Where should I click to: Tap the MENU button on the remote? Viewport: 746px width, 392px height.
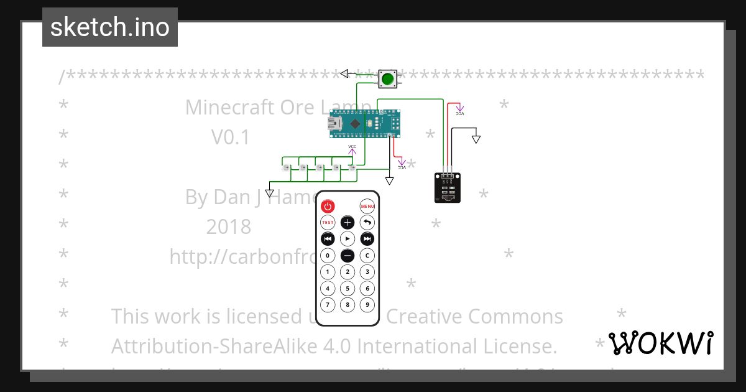367,206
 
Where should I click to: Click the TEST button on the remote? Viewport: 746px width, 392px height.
328,222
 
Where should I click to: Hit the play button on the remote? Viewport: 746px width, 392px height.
348,239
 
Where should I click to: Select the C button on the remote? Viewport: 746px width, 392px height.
367,255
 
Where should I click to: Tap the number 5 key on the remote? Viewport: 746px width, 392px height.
348,288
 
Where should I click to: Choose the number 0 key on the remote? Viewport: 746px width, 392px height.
328,255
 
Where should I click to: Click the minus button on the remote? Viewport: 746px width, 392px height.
348,255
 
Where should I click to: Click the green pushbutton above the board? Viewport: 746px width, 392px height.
388,79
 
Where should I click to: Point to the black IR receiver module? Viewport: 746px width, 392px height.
448,188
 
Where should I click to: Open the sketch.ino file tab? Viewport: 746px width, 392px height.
110,27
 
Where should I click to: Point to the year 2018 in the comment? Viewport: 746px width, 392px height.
229,226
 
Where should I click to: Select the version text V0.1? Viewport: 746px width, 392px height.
231,137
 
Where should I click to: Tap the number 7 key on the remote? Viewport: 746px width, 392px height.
328,305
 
